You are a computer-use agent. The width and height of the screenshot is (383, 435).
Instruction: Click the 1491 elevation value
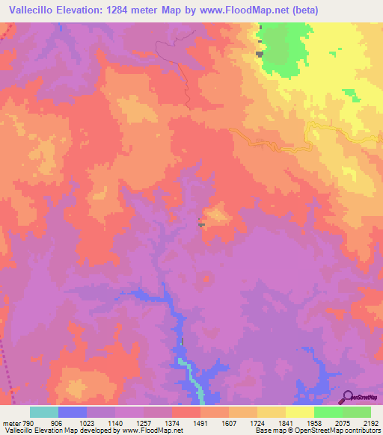[x=200, y=422]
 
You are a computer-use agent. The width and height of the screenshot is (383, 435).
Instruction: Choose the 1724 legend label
[x=257, y=422]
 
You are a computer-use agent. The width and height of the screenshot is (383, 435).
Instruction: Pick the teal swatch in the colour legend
[x=44, y=412]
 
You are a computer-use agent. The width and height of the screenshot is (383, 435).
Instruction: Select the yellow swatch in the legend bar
[x=300, y=412]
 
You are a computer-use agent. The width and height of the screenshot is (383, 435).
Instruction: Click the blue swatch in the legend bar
[x=73, y=412]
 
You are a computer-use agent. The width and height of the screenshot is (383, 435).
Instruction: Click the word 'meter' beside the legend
[x=12, y=422]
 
